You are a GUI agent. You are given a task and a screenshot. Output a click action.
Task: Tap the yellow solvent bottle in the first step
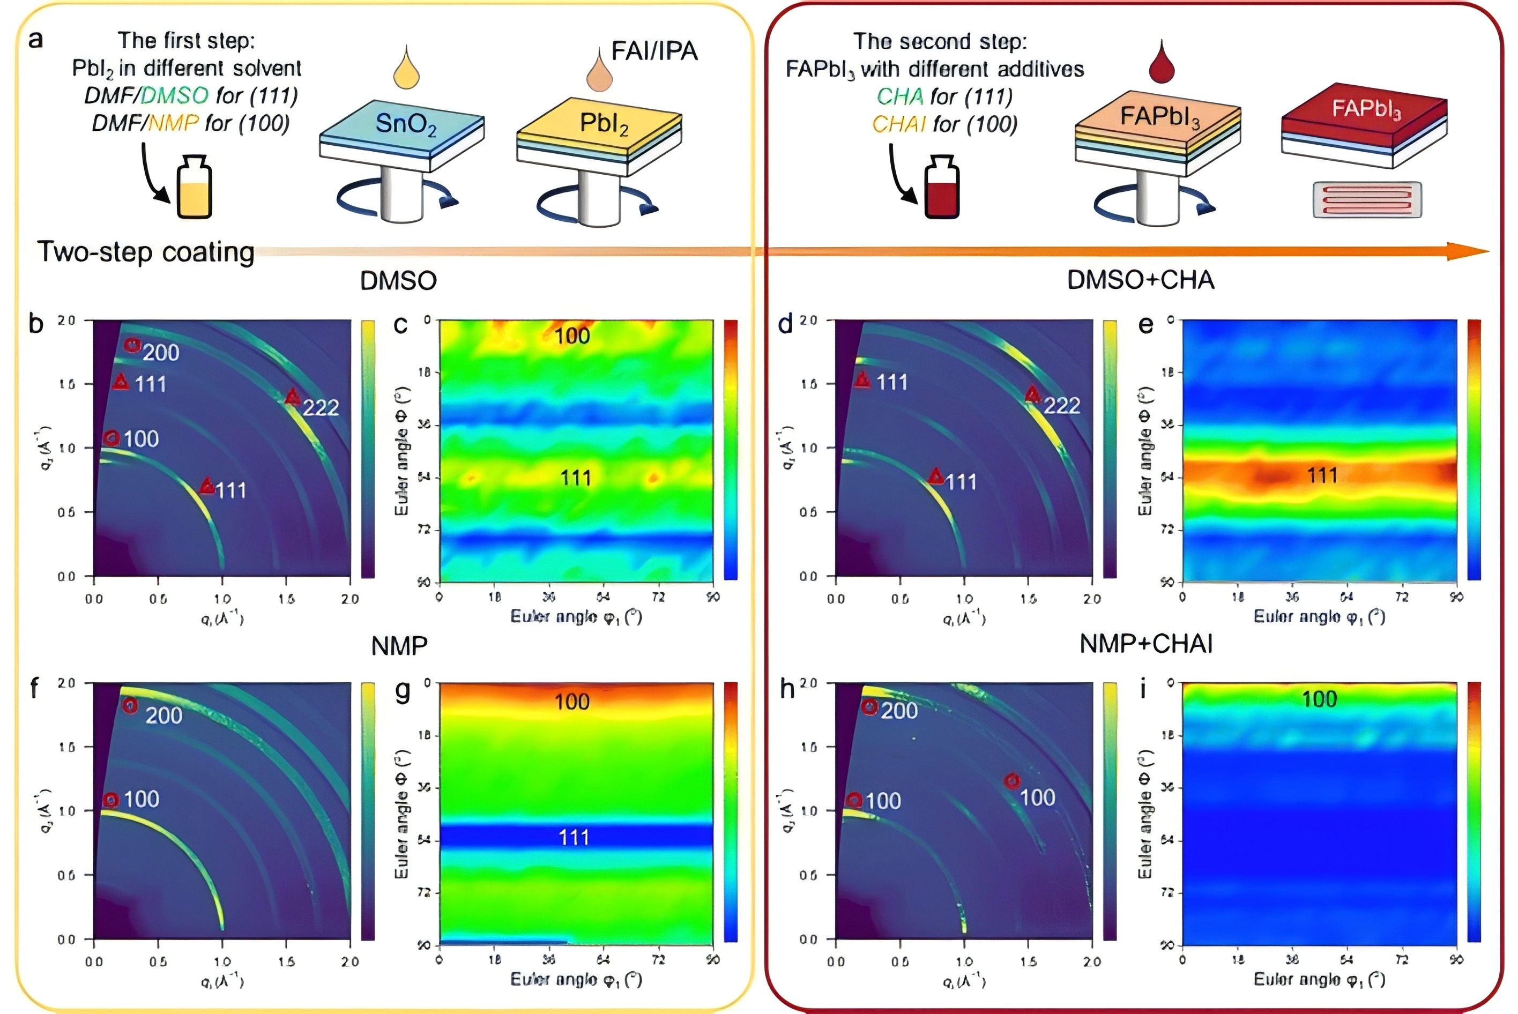pos(194,188)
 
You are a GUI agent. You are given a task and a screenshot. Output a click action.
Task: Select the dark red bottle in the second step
pos(942,188)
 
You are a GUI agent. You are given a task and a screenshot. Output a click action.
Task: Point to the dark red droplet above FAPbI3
pos(1161,63)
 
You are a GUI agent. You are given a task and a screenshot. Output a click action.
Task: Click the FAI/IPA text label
pos(654,50)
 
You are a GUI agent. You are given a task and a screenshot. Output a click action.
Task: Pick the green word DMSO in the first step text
pos(175,96)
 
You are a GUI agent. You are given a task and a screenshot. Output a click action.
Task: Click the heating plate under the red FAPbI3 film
pos(1367,199)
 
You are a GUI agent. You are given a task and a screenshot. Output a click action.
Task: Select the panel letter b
pos(36,323)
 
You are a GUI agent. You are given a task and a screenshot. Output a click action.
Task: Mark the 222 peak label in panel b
pos(321,407)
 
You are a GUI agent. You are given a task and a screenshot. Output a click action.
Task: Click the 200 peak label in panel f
pos(163,715)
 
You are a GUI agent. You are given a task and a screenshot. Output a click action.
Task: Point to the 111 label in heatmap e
pos(1322,476)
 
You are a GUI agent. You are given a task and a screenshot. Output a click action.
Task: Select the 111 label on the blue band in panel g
pos(574,838)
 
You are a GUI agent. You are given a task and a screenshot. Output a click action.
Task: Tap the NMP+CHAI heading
pos(1146,644)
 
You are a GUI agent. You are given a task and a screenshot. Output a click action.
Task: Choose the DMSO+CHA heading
pos(1140,280)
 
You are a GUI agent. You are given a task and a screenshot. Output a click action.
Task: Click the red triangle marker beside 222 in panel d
pos(1032,394)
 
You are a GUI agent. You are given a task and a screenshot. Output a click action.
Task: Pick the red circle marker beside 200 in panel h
pos(870,707)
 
